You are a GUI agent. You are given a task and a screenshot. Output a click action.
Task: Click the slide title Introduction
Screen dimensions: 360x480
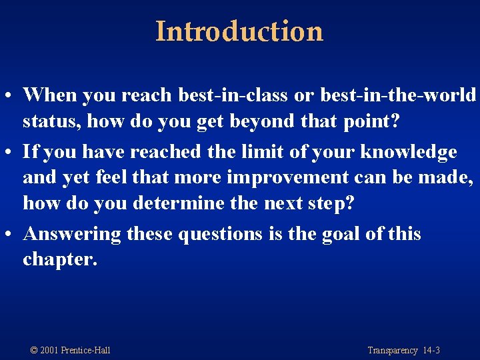pyautogui.click(x=239, y=31)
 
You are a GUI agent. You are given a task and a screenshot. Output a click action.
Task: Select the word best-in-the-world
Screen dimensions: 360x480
pyautogui.click(x=398, y=95)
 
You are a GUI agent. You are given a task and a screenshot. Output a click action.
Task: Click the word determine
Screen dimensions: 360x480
pyautogui.click(x=176, y=203)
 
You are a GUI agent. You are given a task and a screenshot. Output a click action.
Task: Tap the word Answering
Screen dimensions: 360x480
pyautogui.click(x=72, y=234)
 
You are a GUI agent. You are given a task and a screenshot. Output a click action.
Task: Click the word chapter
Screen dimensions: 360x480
pyautogui.click(x=59, y=259)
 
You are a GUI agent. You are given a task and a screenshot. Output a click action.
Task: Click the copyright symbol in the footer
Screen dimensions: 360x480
pyautogui.click(x=35, y=350)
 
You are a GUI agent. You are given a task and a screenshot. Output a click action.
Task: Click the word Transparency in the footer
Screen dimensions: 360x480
pyautogui.click(x=393, y=350)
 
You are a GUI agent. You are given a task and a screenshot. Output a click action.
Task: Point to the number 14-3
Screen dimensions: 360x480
pyautogui.click(x=431, y=350)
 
